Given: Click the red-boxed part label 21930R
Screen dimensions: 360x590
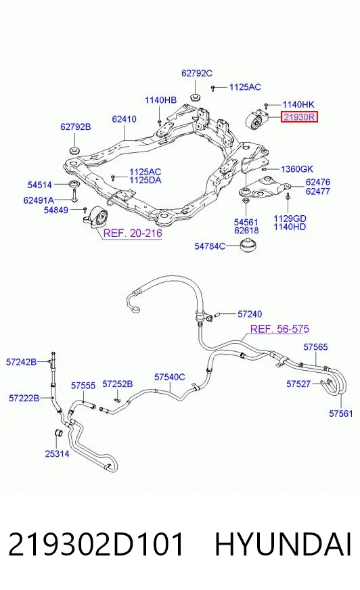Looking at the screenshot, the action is click(x=299, y=117).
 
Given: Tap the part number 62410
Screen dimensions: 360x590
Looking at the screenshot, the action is click(x=124, y=119).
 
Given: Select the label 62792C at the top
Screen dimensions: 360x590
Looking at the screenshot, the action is click(x=197, y=73).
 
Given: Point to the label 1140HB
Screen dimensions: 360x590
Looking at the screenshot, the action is click(x=160, y=100).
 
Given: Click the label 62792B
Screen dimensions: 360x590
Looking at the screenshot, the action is click(x=76, y=127).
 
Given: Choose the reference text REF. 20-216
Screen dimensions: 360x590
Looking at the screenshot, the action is click(x=133, y=233).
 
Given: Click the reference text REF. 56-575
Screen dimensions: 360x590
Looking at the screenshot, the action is click(x=279, y=329).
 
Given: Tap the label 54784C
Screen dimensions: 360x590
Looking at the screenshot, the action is click(x=210, y=246).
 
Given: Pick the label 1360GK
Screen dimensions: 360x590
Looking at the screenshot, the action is click(x=297, y=169).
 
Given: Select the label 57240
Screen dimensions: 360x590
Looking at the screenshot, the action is click(x=250, y=314).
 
